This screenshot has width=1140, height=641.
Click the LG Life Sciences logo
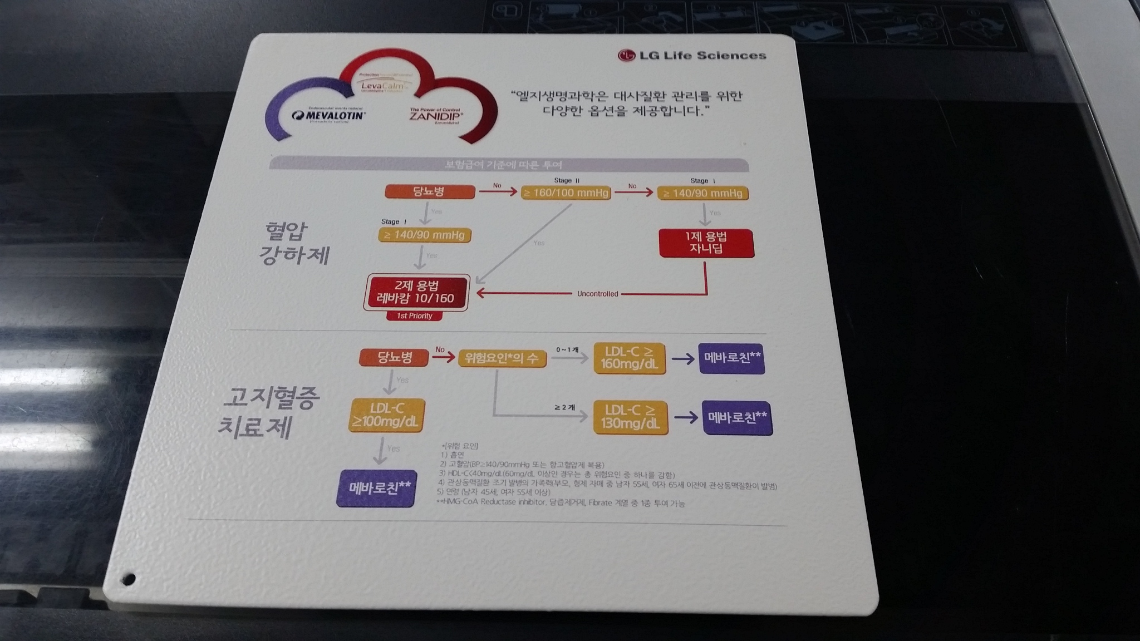[692, 55]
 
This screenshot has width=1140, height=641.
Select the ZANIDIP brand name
[436, 116]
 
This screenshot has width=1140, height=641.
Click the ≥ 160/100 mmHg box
[566, 193]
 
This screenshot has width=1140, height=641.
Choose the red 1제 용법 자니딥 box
[706, 243]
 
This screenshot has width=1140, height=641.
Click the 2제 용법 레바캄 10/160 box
[416, 292]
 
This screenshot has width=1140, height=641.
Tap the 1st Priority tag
[415, 316]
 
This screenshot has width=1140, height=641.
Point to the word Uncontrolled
[597, 294]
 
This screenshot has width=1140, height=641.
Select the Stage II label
[567, 180]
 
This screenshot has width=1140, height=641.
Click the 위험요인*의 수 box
[502, 358]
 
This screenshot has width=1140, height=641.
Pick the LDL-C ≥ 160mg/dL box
[630, 358]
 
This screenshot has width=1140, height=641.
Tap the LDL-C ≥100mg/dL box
[386, 416]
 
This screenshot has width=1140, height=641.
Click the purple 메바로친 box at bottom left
[377, 489]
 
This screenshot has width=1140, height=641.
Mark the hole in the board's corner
[129, 579]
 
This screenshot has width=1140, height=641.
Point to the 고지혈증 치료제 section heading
[267, 412]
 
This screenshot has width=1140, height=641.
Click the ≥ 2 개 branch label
[564, 407]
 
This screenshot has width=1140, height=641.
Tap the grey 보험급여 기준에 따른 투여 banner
[504, 165]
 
